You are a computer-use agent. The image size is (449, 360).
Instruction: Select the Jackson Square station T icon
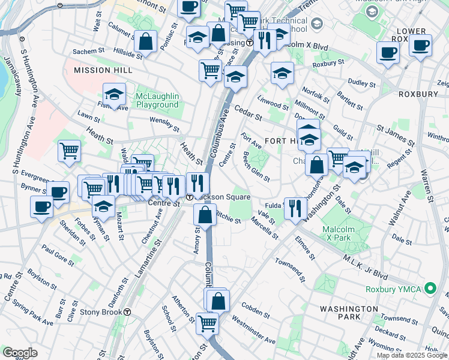[x=189, y=197]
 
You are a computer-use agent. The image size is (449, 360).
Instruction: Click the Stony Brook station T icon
[x=127, y=312]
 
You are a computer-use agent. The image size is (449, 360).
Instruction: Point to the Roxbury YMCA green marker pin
[x=430, y=289]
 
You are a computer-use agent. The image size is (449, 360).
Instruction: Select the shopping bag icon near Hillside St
[x=145, y=42]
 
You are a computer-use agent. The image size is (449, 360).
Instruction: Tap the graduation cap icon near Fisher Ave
[x=114, y=94]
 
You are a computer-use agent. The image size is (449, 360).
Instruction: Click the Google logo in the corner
[x=20, y=353]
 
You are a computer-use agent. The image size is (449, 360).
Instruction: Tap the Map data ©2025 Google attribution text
[x=412, y=355]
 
